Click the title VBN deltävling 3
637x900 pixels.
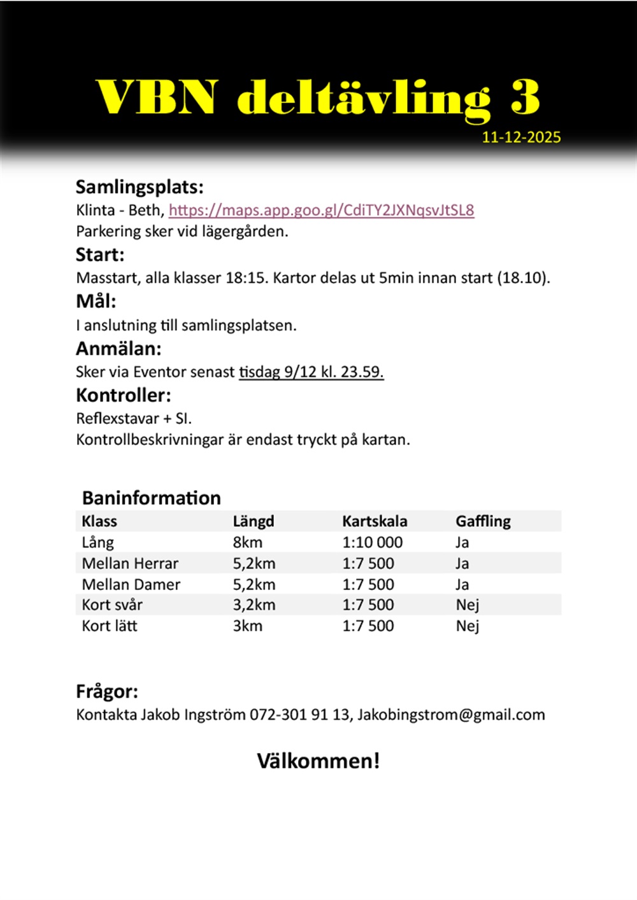[318, 98]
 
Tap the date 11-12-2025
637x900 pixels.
[521, 137]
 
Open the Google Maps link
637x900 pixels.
[321, 211]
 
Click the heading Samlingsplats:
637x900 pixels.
[140, 187]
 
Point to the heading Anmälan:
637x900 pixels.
[118, 349]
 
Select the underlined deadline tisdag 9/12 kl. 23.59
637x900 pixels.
[311, 372]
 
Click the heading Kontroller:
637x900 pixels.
[124, 395]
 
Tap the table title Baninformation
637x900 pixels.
[152, 498]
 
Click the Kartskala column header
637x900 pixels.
[375, 521]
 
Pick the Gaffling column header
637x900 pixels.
[483, 521]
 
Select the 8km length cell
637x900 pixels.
[247, 542]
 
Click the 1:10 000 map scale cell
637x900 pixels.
[372, 542]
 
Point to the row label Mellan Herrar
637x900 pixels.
[130, 563]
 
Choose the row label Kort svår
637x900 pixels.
[112, 605]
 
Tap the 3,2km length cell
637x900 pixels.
[254, 605]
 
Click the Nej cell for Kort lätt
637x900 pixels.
[467, 626]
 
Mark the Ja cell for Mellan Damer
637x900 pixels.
[462, 584]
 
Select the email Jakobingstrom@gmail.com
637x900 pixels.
[451, 715]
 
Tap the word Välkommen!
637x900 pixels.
[318, 761]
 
